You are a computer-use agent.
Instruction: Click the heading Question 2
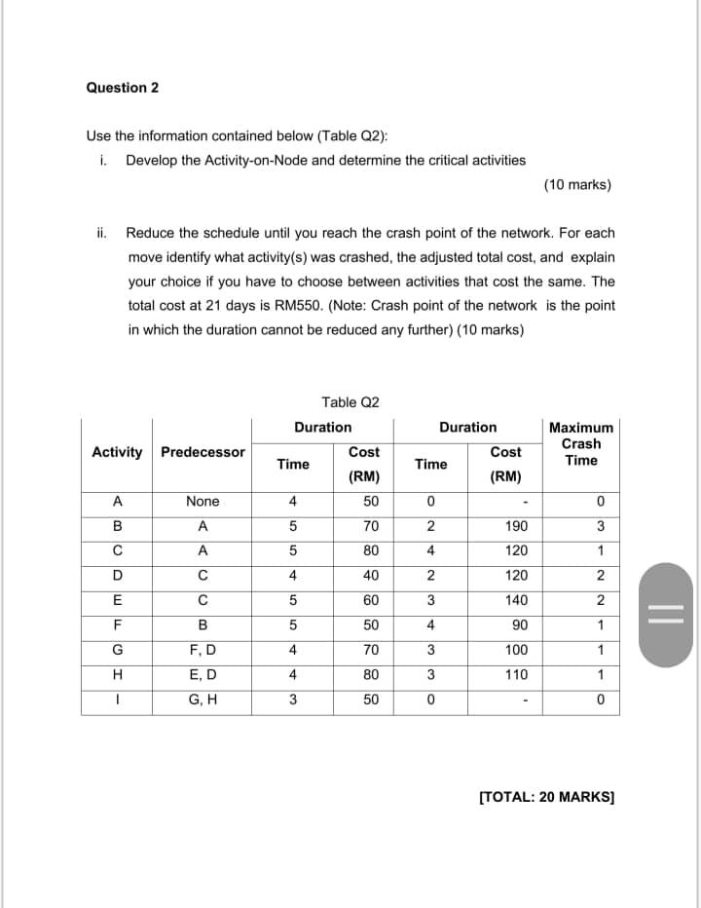123,88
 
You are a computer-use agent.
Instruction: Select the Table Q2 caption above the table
350,401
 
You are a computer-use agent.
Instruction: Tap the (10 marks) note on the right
578,184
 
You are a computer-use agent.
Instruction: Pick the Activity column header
117,452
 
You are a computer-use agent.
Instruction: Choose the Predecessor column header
203,452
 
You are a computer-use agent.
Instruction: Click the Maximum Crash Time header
581,443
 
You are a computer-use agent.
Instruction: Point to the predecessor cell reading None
203,502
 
